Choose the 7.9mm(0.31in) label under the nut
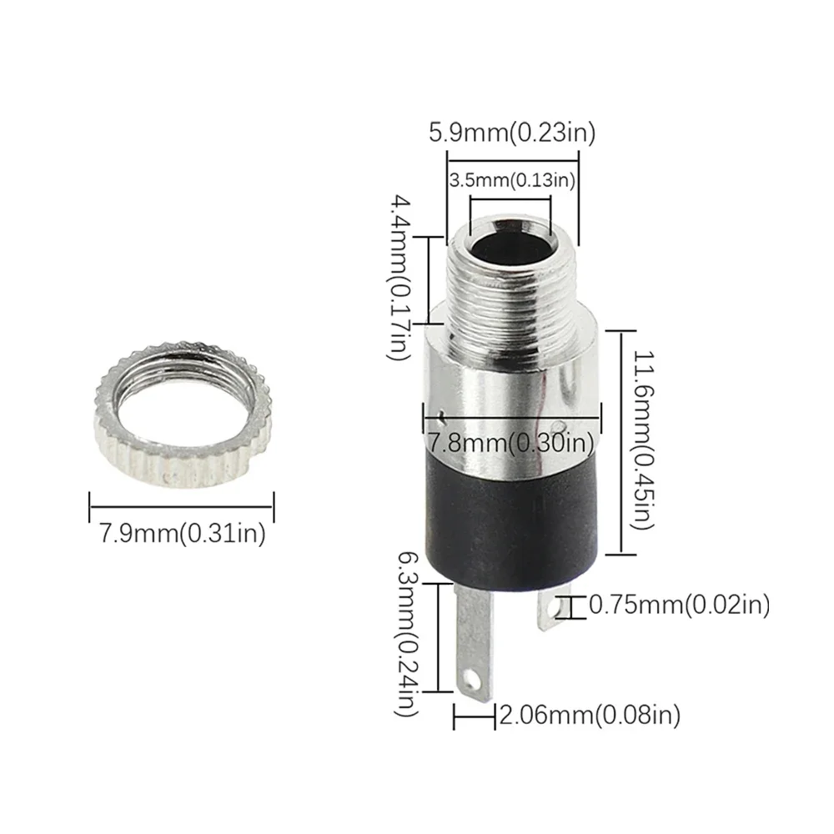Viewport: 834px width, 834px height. [x=182, y=533]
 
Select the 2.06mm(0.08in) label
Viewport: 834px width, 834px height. [x=589, y=714]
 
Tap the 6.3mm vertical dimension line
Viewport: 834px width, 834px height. [x=435, y=638]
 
